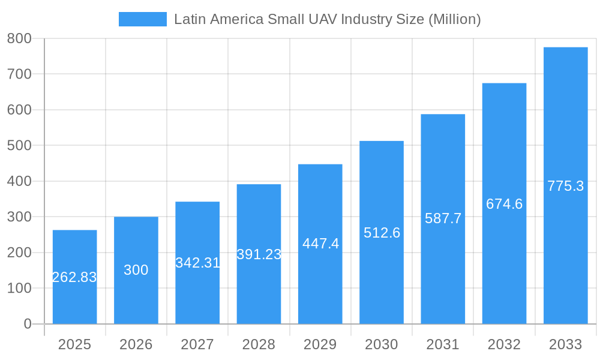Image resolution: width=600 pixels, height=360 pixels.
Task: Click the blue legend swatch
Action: click(143, 19)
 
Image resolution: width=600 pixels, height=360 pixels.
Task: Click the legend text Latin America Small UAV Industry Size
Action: click(327, 19)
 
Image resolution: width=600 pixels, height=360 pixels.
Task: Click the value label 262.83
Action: click(74, 277)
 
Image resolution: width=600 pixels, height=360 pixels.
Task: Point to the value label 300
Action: click(136, 270)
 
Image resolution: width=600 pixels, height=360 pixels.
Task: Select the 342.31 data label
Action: click(197, 263)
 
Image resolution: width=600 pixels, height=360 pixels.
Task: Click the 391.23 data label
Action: click(259, 254)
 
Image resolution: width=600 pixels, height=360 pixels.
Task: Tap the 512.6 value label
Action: click(382, 233)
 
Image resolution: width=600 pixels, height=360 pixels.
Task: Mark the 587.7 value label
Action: click(443, 218)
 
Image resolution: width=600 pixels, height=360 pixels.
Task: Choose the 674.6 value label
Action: click(504, 204)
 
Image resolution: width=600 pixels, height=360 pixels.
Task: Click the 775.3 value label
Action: click(565, 186)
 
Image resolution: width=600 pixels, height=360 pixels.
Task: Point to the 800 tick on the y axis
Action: click(19, 38)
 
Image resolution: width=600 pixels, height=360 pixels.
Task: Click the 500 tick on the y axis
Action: click(19, 145)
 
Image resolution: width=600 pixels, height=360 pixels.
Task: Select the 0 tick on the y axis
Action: click(28, 324)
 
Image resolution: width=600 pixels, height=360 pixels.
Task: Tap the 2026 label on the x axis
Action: click(136, 344)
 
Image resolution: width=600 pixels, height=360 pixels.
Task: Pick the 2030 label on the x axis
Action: click(382, 344)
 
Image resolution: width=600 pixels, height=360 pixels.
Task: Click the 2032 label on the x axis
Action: click(504, 344)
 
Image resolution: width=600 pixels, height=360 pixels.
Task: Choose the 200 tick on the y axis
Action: click(19, 253)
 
